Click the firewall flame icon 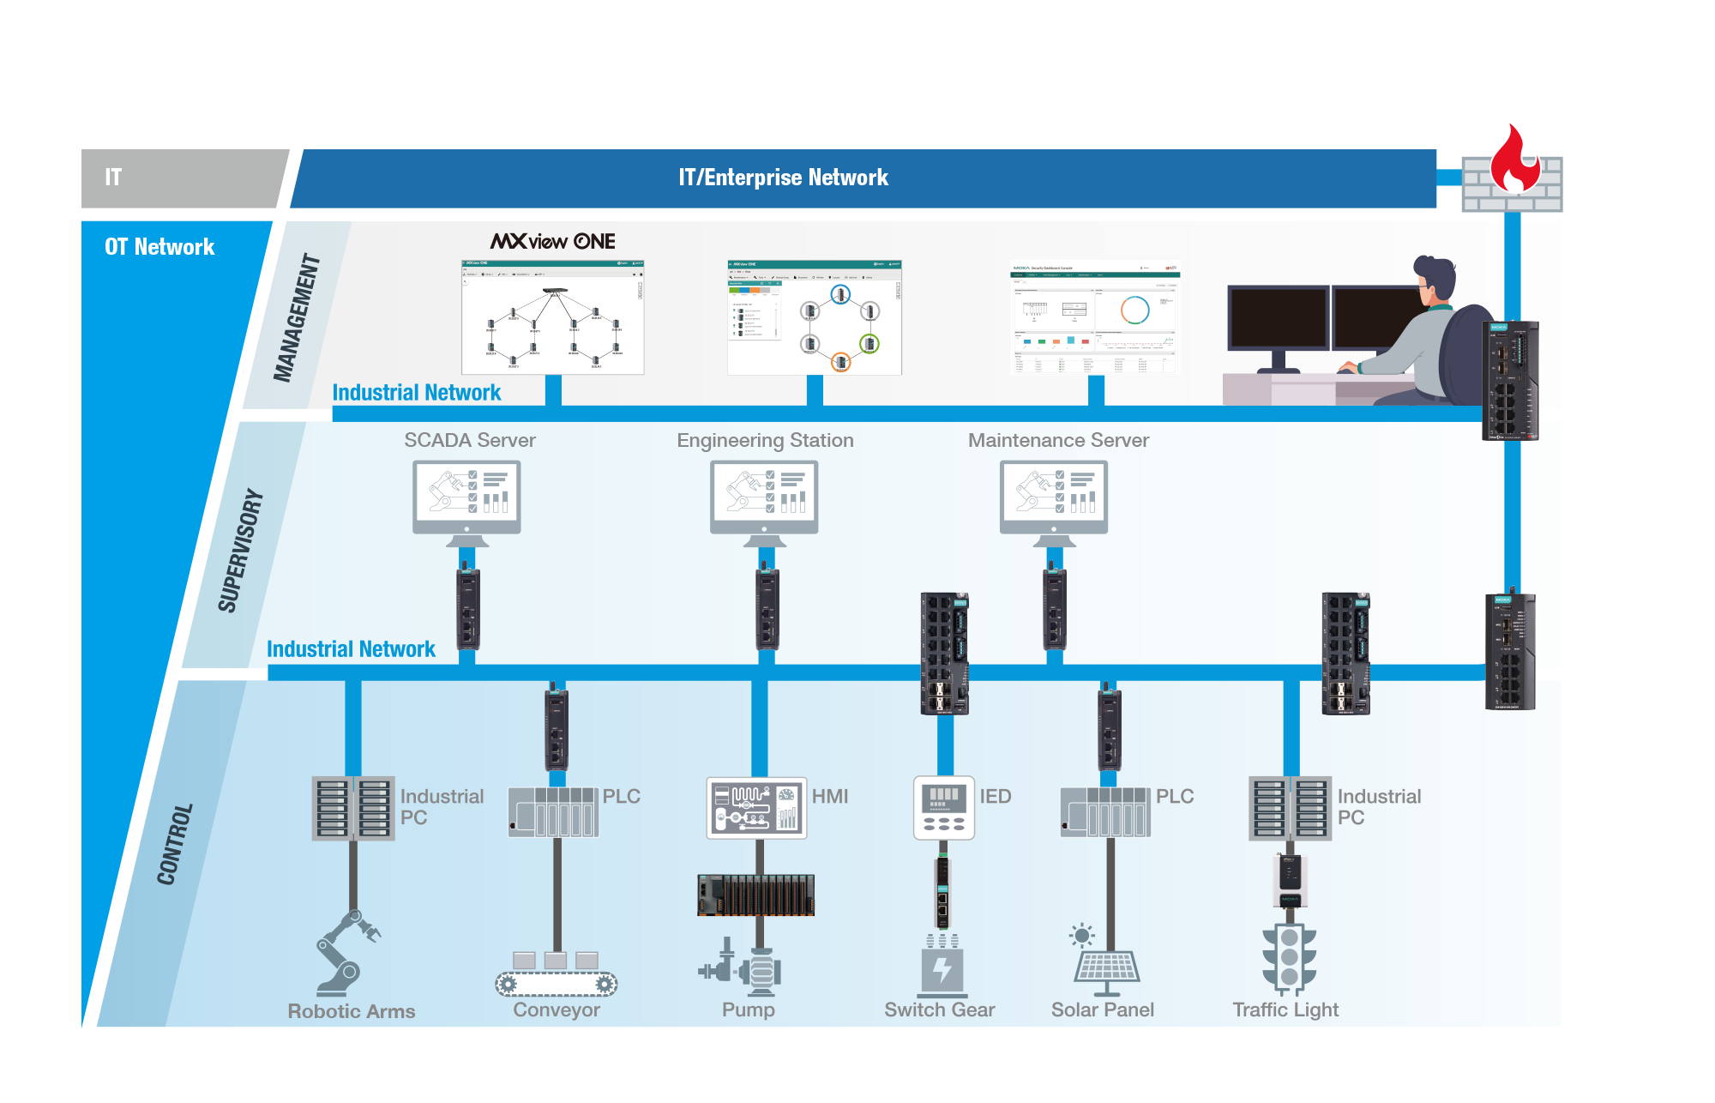click(x=1514, y=160)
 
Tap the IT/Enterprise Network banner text click(x=783, y=178)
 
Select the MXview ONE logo click(x=553, y=241)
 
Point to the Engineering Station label click(x=765, y=440)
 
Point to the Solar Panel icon click(x=1105, y=961)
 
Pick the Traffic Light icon click(x=1289, y=957)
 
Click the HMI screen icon click(x=756, y=808)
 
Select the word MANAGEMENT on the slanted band click(x=297, y=317)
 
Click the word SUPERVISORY click(x=241, y=550)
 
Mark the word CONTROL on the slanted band click(x=175, y=844)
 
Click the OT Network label click(x=159, y=247)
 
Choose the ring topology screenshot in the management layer click(x=815, y=318)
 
